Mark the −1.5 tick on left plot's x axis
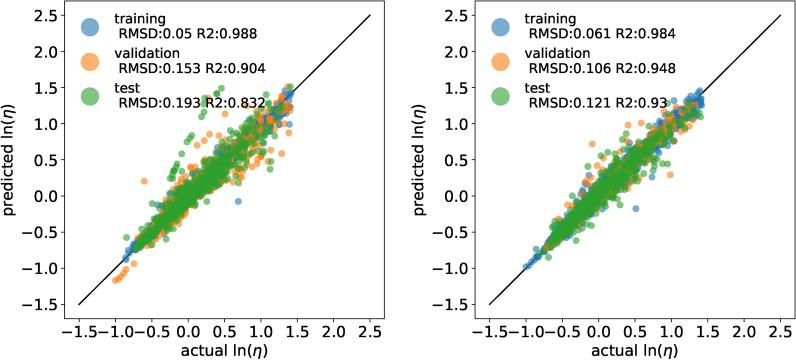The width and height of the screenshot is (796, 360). click(78, 328)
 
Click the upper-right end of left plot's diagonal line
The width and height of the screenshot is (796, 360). click(370, 15)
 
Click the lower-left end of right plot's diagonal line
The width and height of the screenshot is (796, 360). click(489, 304)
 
